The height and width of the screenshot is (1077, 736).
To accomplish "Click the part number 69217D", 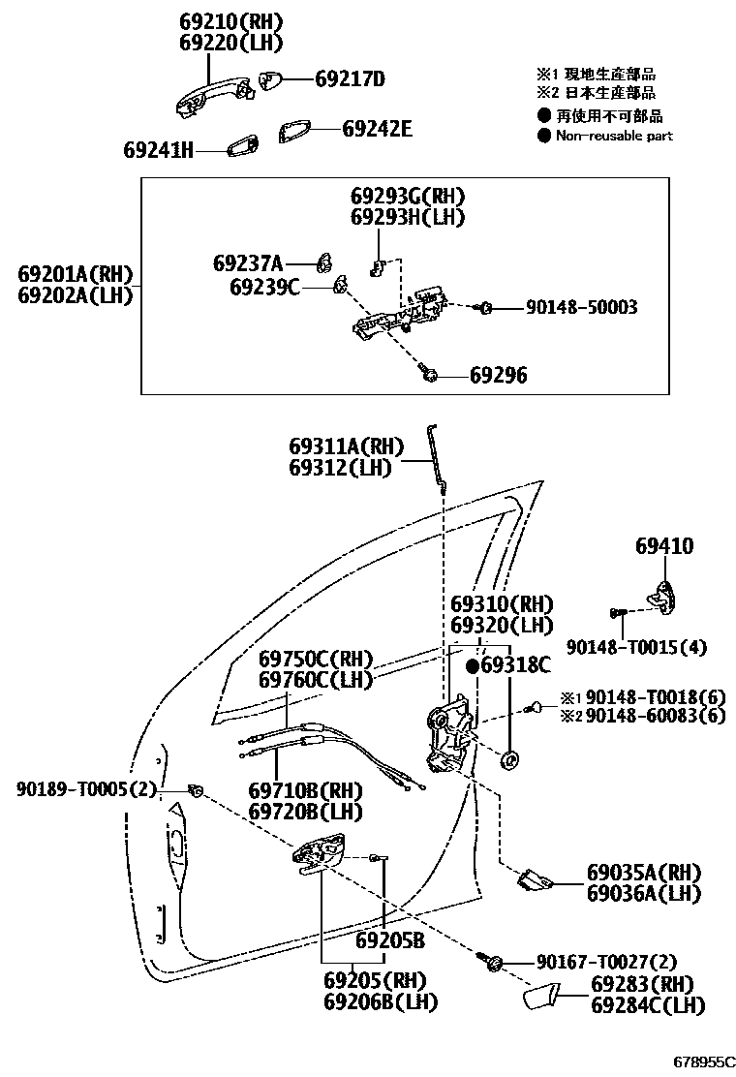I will tap(350, 78).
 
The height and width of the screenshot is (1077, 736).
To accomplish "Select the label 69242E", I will tap(377, 128).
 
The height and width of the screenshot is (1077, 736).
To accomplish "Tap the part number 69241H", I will tap(159, 150).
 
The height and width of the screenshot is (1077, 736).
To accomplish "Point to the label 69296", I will tap(499, 375).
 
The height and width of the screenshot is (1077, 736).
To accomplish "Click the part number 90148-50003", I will tap(581, 307).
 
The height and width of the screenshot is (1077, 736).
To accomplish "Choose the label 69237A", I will tap(248, 263).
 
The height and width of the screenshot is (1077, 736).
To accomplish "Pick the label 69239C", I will tap(264, 287).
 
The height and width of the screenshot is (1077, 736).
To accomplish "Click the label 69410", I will tap(664, 546).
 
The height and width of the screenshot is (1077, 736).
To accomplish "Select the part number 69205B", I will tap(390, 939).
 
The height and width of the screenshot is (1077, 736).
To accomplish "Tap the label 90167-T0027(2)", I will tap(607, 962).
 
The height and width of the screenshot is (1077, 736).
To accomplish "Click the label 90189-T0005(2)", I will tap(85, 789).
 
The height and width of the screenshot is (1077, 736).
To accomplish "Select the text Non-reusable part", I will tap(614, 136).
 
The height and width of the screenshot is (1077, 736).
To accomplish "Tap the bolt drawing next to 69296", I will tap(429, 373).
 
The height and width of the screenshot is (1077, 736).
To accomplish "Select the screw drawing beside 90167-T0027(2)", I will tap(491, 962).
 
